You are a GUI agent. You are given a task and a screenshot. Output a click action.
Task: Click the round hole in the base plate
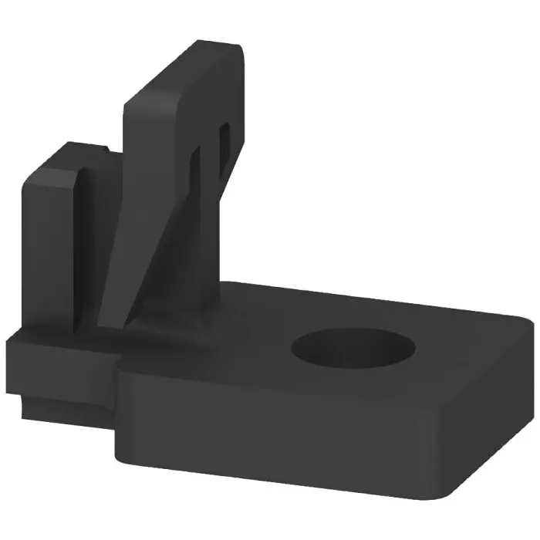pos(353,348)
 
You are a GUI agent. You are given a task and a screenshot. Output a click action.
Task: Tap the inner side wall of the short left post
pos(87,247)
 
